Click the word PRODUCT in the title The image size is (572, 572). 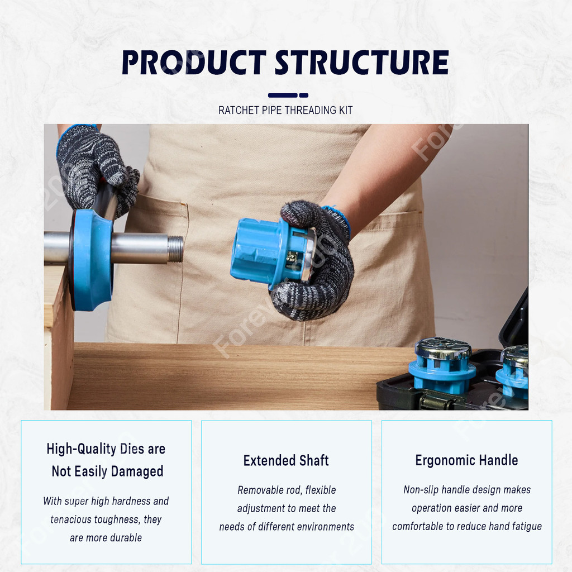click(194, 63)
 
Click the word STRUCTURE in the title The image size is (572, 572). click(361, 63)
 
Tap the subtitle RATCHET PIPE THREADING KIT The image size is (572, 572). click(285, 110)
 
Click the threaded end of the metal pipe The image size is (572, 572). click(175, 249)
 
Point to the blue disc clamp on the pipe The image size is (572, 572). click(91, 260)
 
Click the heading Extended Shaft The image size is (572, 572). click(286, 460)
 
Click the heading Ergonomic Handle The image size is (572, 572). click(466, 460)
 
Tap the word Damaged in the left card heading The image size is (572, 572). click(137, 471)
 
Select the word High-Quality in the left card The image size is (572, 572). click(82, 449)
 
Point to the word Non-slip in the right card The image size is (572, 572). click(421, 489)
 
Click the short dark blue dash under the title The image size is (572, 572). click(303, 95)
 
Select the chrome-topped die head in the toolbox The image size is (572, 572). click(442, 366)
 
